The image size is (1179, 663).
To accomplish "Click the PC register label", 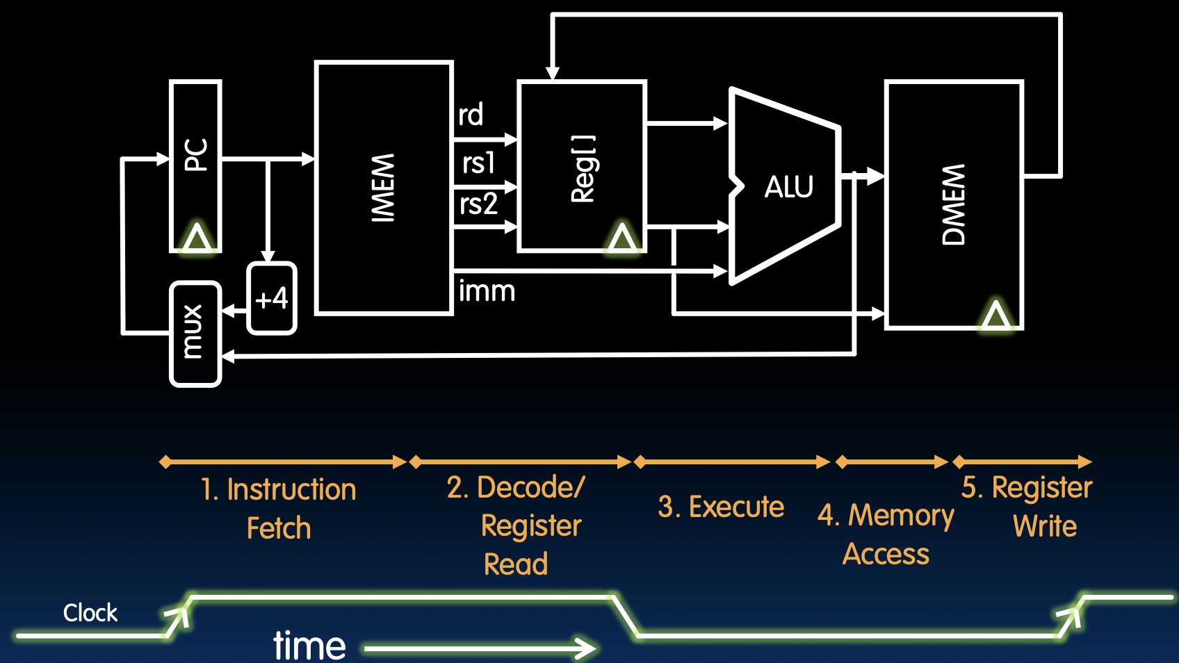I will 196,155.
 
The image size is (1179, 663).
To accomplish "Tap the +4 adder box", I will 272,299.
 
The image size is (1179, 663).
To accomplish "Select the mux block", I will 195,333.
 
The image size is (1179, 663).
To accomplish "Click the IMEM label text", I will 383,188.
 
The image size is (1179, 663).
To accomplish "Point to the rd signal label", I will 471,115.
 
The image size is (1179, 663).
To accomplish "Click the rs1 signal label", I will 478,163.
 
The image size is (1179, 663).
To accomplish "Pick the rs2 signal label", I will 478,204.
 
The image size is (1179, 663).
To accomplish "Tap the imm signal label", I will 487,291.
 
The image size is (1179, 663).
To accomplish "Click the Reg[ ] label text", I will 583,168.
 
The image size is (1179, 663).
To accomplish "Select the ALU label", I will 789,187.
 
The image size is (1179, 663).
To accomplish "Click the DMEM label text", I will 954,204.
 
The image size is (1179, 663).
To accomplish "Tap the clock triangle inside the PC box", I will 197,238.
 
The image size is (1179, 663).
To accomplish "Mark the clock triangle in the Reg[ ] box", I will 622,238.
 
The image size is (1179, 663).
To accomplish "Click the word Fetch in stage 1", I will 279,528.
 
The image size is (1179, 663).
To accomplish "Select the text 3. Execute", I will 721,507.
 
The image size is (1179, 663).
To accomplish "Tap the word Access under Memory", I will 886,555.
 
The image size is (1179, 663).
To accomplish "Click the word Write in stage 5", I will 1045,526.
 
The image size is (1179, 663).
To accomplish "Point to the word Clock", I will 90,613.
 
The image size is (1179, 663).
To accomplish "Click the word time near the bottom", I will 309,646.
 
